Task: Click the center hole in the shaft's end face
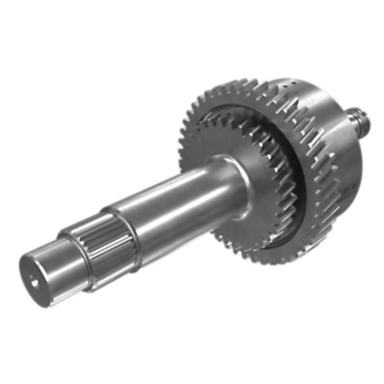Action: click(35, 283)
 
